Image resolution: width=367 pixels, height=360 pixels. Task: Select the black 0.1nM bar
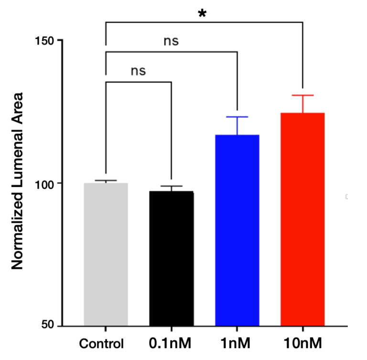(x=171, y=258)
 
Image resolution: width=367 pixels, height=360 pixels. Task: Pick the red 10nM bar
(x=302, y=219)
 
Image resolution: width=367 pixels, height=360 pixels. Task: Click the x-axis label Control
(x=102, y=343)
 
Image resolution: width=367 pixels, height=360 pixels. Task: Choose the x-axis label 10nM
(x=302, y=343)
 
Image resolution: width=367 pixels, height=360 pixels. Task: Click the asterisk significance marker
(x=202, y=14)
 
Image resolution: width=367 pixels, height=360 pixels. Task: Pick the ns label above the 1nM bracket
(x=171, y=41)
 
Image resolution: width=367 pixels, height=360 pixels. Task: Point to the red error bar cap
(x=302, y=96)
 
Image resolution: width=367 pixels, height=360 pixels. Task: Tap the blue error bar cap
(x=237, y=117)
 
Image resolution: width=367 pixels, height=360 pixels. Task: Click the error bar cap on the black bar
(x=171, y=186)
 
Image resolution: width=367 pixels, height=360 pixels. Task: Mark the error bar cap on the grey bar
(x=106, y=180)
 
